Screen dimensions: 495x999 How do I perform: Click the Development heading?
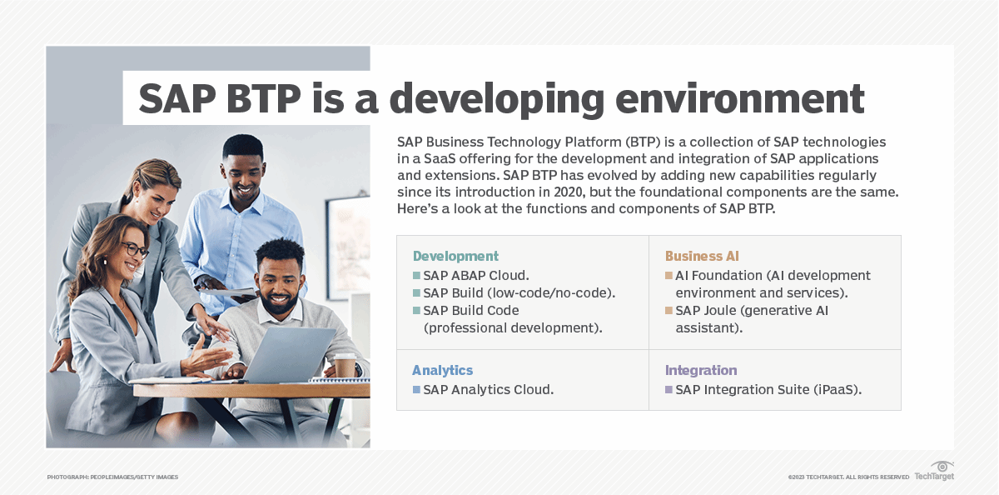455,256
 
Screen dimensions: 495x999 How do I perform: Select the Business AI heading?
702,256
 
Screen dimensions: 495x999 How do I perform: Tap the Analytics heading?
442,370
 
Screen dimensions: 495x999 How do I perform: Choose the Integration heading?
701,370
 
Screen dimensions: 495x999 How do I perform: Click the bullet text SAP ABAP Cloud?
476,275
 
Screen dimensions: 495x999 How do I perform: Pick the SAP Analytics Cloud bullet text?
488,389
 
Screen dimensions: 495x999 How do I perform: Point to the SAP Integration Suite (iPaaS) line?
768,389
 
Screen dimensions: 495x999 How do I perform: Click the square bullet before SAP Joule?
668,311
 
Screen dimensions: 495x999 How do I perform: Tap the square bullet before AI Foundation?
668,275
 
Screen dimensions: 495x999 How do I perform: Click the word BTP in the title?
260,98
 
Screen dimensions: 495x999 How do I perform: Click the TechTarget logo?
934,472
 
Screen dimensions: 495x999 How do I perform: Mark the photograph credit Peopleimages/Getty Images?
112,477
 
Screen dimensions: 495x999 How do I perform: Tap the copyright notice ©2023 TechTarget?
848,477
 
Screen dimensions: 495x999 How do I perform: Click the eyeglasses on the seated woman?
134,249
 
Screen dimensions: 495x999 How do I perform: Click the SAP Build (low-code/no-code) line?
519,292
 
